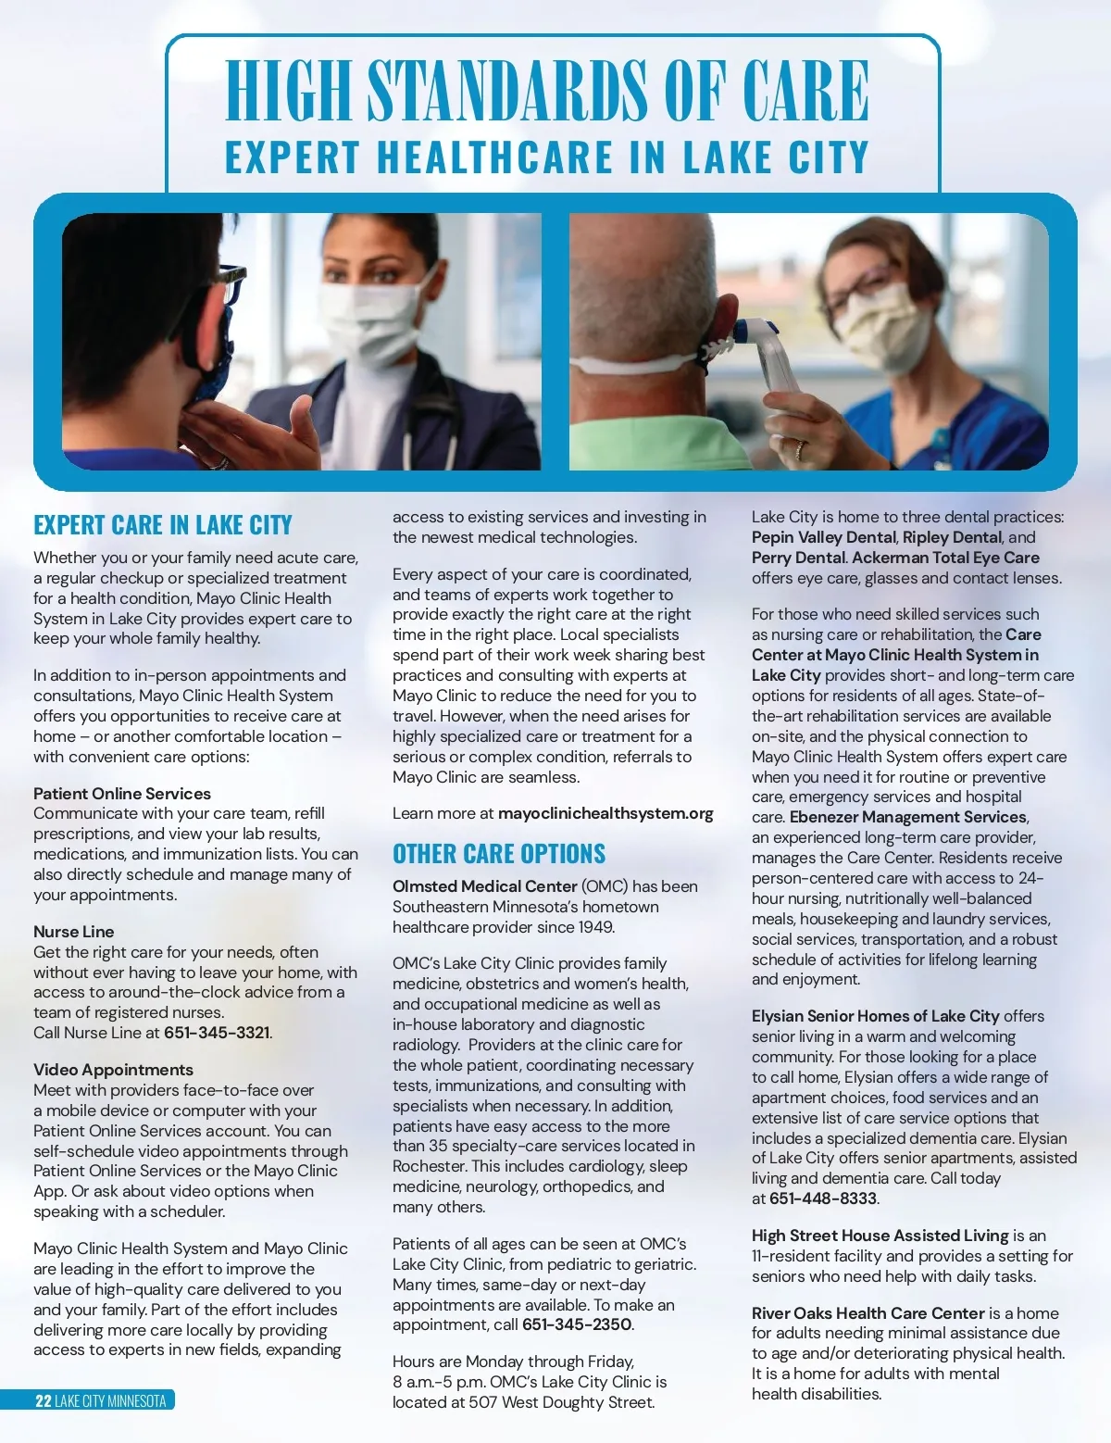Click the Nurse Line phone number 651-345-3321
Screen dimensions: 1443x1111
pos(217,1033)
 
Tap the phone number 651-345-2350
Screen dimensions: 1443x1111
pos(577,1324)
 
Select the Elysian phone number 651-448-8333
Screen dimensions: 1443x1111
pos(823,1198)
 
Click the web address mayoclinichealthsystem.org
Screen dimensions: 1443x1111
pos(605,813)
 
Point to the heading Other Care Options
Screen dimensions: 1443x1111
pos(499,854)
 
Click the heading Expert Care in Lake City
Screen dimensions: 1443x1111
pos(163,525)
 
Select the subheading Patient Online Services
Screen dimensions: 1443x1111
pos(122,794)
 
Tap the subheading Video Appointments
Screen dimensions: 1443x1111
pos(113,1070)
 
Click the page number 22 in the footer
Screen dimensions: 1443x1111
pos(43,1400)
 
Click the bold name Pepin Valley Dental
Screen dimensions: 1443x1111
pos(823,537)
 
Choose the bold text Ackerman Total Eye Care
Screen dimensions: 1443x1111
pos(945,558)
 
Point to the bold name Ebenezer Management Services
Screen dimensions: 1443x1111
pos(908,817)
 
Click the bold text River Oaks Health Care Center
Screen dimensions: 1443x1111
pos(868,1313)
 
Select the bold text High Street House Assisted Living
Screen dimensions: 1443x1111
pos(880,1236)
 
